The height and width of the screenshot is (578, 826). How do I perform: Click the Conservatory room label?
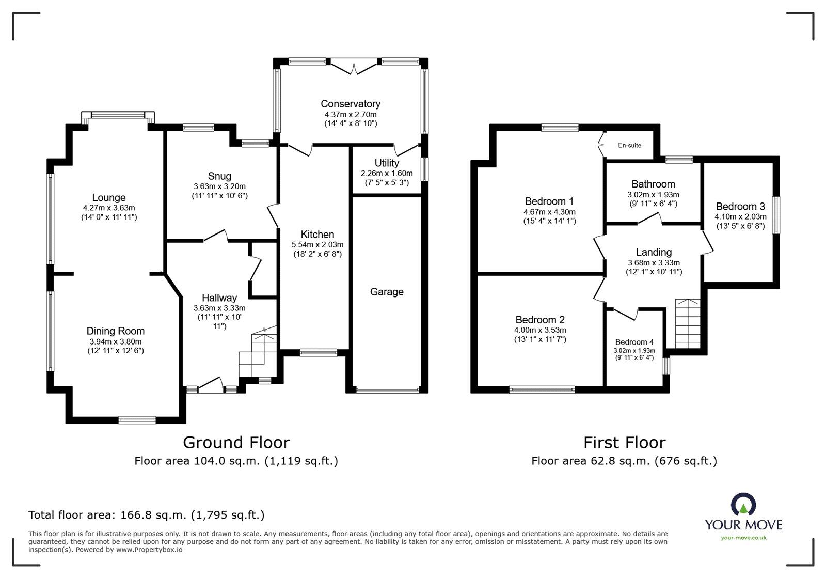pyautogui.click(x=351, y=104)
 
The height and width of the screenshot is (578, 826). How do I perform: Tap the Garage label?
pyautogui.click(x=387, y=292)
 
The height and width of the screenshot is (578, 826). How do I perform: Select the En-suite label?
pyautogui.click(x=629, y=145)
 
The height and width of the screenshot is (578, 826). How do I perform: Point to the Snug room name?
pyautogui.click(x=219, y=176)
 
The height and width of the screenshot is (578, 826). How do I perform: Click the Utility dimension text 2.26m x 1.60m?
pyautogui.click(x=387, y=174)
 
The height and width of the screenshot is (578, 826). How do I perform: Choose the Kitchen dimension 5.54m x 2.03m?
pyautogui.click(x=317, y=244)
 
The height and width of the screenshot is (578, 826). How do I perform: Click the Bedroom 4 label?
pyautogui.click(x=634, y=342)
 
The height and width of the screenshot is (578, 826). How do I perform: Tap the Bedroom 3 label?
pyautogui.click(x=740, y=206)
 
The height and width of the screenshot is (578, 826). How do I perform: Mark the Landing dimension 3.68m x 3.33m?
pyautogui.click(x=654, y=263)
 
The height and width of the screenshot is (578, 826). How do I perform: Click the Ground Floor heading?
pyautogui.click(x=236, y=443)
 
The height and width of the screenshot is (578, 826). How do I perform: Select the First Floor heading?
pyautogui.click(x=624, y=443)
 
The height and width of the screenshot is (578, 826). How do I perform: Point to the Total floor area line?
pyautogui.click(x=147, y=515)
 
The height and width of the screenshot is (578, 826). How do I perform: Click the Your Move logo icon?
pyautogui.click(x=743, y=505)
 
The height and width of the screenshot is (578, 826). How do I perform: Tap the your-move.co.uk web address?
pyautogui.click(x=743, y=538)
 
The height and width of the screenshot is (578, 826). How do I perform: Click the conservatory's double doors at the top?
pyautogui.click(x=354, y=68)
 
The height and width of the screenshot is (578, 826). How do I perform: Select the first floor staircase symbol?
pyautogui.click(x=687, y=323)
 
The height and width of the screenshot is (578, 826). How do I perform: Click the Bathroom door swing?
pyautogui.click(x=650, y=218)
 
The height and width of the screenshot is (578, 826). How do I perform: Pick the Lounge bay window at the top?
pyautogui.click(x=118, y=116)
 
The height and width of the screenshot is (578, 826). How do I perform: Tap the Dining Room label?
pyautogui.click(x=116, y=331)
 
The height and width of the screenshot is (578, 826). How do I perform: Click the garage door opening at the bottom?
pyautogui.click(x=388, y=390)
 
